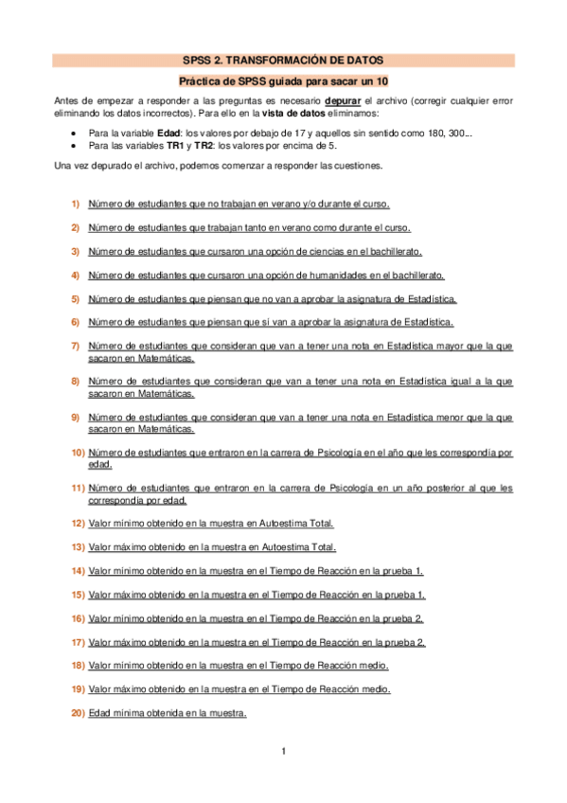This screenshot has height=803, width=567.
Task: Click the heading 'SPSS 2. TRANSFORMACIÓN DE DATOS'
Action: point(283,60)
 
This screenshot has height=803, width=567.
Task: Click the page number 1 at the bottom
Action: point(283,752)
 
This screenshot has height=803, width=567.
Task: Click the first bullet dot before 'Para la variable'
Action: point(74,134)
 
